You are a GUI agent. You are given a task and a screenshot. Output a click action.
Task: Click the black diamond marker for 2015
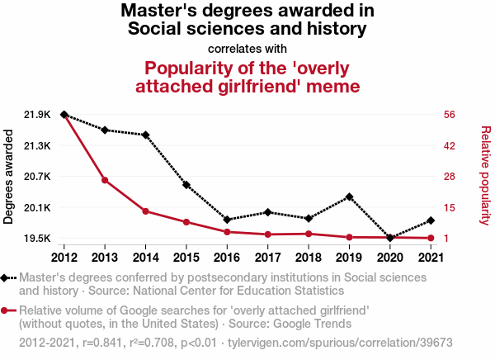186,185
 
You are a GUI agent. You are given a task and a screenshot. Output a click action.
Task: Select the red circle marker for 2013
105,180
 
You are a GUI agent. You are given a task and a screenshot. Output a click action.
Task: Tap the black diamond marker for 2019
350,197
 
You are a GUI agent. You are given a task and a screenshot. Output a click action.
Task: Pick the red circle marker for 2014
145,211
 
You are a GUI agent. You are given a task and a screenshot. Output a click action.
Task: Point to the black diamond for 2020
390,238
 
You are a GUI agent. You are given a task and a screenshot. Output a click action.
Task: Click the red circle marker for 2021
431,239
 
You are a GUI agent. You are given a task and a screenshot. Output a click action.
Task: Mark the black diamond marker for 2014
145,135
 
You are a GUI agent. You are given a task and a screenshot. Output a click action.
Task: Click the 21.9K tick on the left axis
38,115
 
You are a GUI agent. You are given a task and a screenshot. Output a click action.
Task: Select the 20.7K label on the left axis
38,177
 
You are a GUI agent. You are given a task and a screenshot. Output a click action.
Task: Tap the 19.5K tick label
38,239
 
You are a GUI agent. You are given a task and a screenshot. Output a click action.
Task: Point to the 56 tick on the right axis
449,115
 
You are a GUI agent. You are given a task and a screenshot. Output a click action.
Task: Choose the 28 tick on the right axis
449,177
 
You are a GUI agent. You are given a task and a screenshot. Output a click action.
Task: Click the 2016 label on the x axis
227,258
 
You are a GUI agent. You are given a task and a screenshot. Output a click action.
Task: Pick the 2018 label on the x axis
309,258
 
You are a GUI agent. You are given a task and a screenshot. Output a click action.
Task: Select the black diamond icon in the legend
7,278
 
